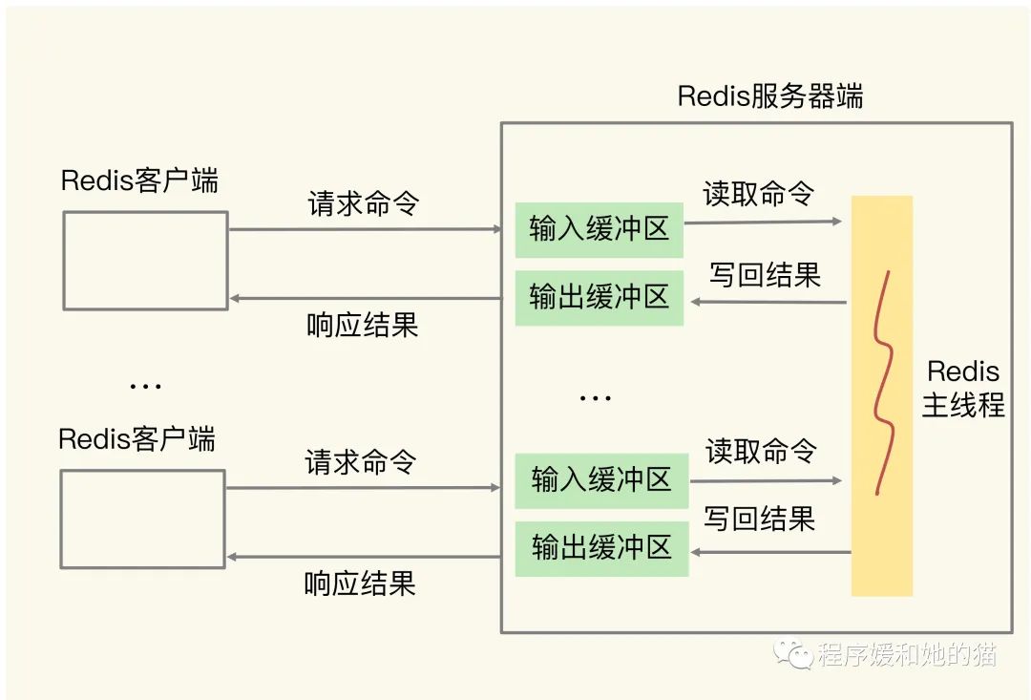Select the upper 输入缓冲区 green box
(x=599, y=229)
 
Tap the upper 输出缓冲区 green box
(x=599, y=297)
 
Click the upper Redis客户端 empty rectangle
(x=145, y=260)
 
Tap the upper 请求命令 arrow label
(x=363, y=203)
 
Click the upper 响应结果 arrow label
(x=363, y=325)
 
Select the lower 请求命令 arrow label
(x=361, y=462)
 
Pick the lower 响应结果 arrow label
(x=360, y=583)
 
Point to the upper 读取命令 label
(x=759, y=193)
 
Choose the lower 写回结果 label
(x=760, y=519)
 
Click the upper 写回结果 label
(x=765, y=275)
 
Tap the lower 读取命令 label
(x=762, y=450)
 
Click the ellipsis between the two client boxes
(x=145, y=387)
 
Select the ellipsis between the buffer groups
(x=596, y=398)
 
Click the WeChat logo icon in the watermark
(x=794, y=653)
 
